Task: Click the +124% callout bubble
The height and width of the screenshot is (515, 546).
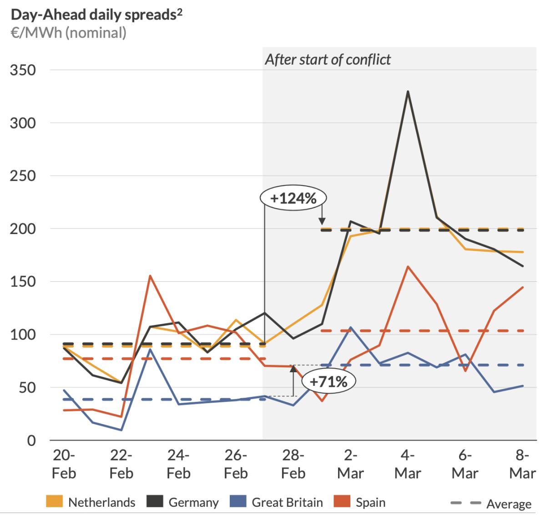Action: pyautogui.click(x=293, y=198)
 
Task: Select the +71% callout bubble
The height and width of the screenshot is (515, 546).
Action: pyautogui.click(x=329, y=381)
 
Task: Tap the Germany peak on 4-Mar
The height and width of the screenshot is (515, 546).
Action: pyautogui.click(x=408, y=91)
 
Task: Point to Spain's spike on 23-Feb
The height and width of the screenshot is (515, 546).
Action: pyautogui.click(x=150, y=275)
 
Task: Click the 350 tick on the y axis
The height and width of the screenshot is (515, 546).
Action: pyautogui.click(x=23, y=70)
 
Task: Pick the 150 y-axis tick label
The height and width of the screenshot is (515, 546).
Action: pyautogui.click(x=23, y=281)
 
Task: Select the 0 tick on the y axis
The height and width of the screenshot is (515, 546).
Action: pyautogui.click(x=31, y=440)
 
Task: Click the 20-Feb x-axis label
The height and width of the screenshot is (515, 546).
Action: pyautogui.click(x=64, y=464)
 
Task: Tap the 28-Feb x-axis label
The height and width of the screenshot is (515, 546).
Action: pyautogui.click(x=293, y=464)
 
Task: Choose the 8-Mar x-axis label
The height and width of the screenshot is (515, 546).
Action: pyautogui.click(x=522, y=464)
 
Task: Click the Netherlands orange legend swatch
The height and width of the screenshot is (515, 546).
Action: pyautogui.click(x=55, y=502)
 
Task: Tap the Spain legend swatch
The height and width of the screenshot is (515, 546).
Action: pyautogui.click(x=342, y=502)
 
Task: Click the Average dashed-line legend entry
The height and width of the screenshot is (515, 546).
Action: pyautogui.click(x=490, y=503)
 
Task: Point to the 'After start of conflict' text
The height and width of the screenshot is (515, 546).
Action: pyautogui.click(x=328, y=60)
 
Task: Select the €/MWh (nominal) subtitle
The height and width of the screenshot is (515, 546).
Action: pyautogui.click(x=69, y=33)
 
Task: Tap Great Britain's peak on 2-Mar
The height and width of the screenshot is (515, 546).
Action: pyautogui.click(x=350, y=327)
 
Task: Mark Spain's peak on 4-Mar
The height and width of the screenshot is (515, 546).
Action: pyautogui.click(x=408, y=266)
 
